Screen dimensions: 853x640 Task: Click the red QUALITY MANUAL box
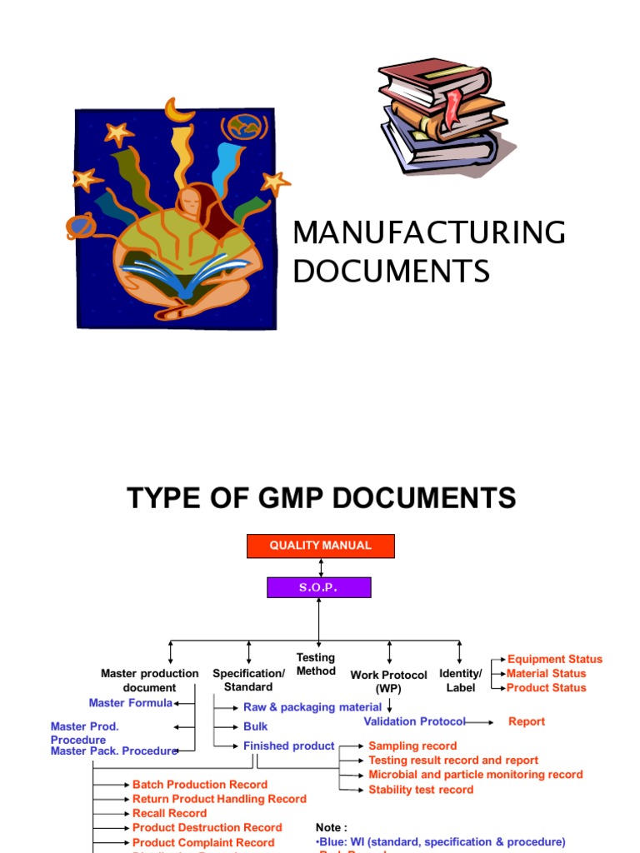tap(321, 546)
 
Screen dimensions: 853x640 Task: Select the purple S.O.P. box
tap(319, 587)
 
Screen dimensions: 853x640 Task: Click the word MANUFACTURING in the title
tap(428, 233)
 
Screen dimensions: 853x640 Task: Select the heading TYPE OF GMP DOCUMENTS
tap(321, 498)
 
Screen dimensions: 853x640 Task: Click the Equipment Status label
tap(554, 659)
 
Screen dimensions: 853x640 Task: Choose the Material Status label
tap(546, 673)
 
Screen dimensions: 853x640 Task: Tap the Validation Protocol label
tap(414, 721)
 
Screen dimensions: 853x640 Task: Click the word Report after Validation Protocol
tap(527, 721)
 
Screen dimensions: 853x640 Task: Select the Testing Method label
tap(316, 664)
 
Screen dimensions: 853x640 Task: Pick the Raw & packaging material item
tap(312, 707)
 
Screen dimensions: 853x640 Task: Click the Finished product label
tap(289, 746)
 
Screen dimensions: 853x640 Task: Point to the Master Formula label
tap(131, 703)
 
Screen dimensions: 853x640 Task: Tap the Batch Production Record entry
tap(200, 785)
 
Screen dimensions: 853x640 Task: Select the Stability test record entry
tap(421, 790)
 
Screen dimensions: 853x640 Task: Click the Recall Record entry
tap(169, 813)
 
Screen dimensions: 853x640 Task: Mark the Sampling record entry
tap(412, 746)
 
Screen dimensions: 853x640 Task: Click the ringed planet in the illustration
tap(81, 225)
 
